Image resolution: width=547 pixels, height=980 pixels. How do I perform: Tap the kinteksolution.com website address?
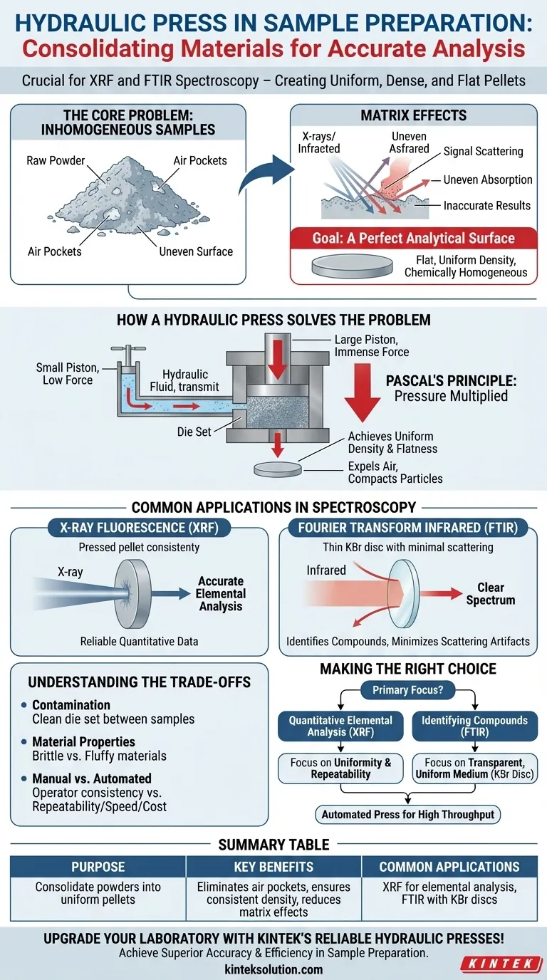click(273, 969)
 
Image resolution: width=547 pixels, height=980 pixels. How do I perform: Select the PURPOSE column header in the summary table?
click(98, 867)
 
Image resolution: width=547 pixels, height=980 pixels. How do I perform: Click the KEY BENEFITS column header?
click(273, 867)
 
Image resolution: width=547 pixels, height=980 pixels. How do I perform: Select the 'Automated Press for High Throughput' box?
click(407, 814)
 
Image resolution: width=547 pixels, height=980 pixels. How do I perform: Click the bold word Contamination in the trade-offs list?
click(71, 705)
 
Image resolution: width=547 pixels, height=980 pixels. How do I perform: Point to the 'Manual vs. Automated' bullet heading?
click(92, 778)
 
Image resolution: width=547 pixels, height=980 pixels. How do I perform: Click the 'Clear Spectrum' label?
click(490, 594)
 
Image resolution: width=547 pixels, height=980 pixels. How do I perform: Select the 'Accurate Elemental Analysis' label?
click(221, 593)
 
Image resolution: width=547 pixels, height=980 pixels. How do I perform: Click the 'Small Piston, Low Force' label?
click(64, 374)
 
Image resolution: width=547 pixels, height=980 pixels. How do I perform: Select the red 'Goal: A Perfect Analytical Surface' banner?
click(413, 238)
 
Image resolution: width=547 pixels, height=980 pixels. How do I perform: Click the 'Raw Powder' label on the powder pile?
click(55, 162)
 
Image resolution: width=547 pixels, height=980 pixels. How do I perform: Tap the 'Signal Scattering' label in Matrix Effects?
click(483, 151)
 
